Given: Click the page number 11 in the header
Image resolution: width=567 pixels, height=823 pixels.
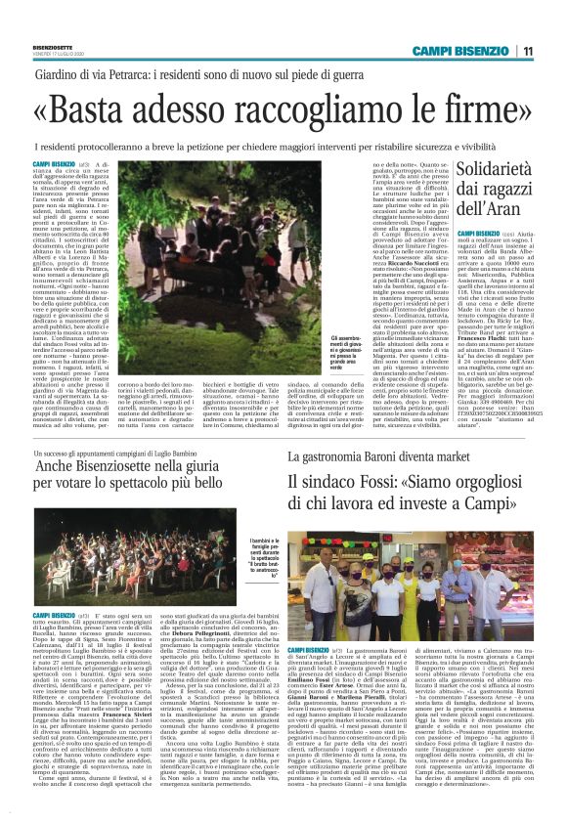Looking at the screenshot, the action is pyautogui.click(x=527, y=51).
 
